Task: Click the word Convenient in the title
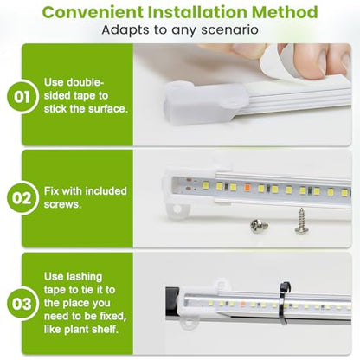(x=93, y=12)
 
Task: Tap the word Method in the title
(x=285, y=12)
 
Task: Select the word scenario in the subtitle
(x=229, y=30)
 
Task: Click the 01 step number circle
(x=22, y=97)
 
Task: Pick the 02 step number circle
(x=22, y=198)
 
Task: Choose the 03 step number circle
(x=22, y=305)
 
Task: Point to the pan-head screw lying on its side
(x=259, y=225)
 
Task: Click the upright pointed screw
(x=302, y=221)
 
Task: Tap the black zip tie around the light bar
(x=283, y=303)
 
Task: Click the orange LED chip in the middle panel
(x=247, y=187)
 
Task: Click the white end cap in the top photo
(x=203, y=103)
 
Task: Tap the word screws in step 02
(x=62, y=204)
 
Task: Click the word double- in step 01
(x=85, y=82)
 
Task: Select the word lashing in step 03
(x=84, y=277)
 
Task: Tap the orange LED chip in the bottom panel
(x=243, y=304)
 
